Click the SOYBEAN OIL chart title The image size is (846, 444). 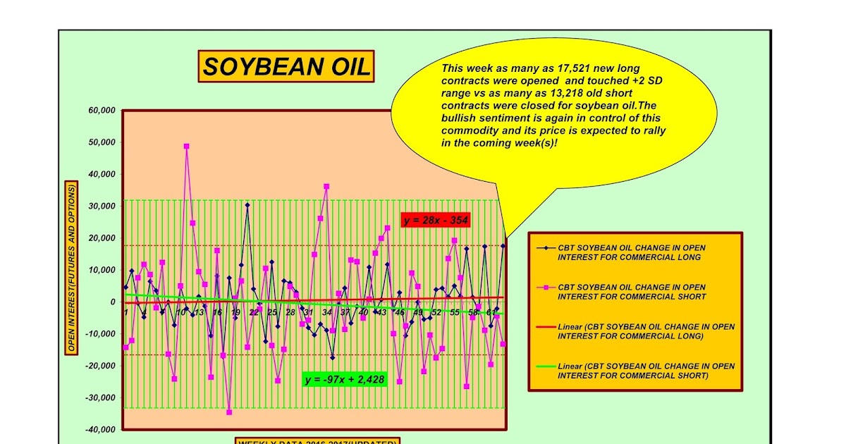click(x=286, y=67)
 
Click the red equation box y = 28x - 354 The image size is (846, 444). click(x=436, y=221)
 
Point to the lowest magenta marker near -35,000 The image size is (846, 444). click(x=229, y=412)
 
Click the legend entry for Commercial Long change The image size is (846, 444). click(x=631, y=252)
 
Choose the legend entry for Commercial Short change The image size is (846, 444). click(x=631, y=292)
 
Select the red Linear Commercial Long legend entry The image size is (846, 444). click(x=645, y=331)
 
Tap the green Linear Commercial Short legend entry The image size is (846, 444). click(x=645, y=371)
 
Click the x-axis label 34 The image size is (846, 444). click(x=326, y=312)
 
